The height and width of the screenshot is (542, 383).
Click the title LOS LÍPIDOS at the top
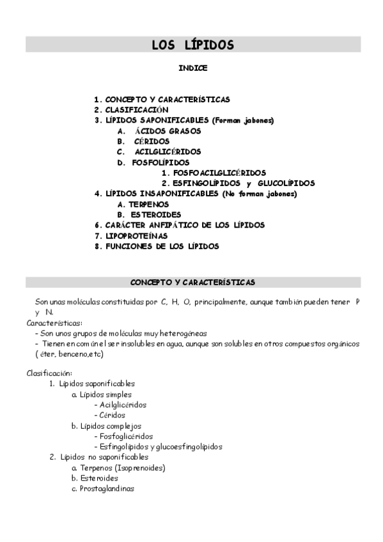pyautogui.click(x=192, y=45)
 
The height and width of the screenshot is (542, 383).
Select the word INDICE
pyautogui.click(x=192, y=67)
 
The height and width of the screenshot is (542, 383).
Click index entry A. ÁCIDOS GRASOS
pyautogui.click(x=159, y=131)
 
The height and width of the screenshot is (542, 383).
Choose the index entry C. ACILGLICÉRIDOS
pyautogui.click(x=159, y=152)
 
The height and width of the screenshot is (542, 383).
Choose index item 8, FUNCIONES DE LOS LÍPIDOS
pyautogui.click(x=156, y=246)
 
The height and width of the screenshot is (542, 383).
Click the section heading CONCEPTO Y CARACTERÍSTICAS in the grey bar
pyautogui.click(x=192, y=283)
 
